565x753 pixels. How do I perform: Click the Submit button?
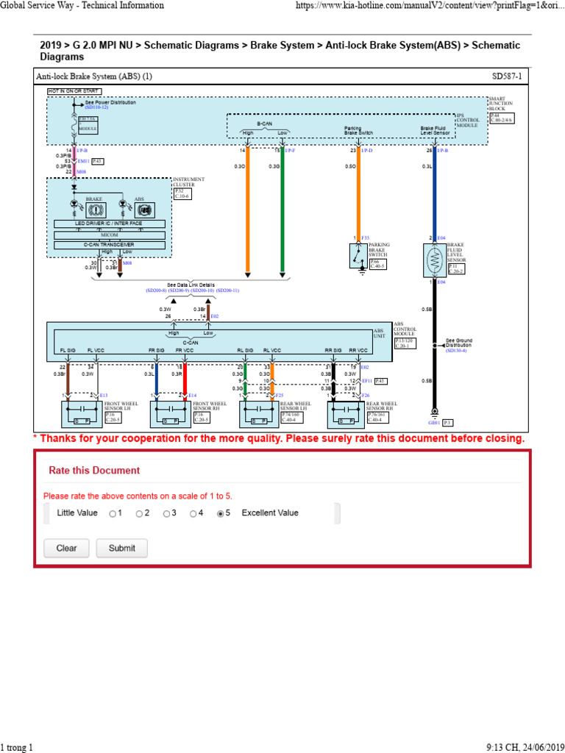coord(127,548)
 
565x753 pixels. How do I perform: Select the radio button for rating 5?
coord(220,514)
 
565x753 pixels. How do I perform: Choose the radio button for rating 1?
coord(112,514)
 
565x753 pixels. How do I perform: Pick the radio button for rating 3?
coord(166,514)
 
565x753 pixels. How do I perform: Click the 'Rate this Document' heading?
coord(94,470)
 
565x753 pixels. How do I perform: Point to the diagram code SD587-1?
coord(508,76)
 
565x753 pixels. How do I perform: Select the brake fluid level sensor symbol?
coord(434,260)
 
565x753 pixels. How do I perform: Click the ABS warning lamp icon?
coord(145,210)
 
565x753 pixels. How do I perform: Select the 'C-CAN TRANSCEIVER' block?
coord(110,245)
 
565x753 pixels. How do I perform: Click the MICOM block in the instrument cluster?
coord(110,235)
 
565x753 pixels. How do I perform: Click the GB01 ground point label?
coord(434,422)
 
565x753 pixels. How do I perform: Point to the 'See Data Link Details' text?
coord(191,285)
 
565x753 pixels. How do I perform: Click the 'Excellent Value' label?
coord(270,513)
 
